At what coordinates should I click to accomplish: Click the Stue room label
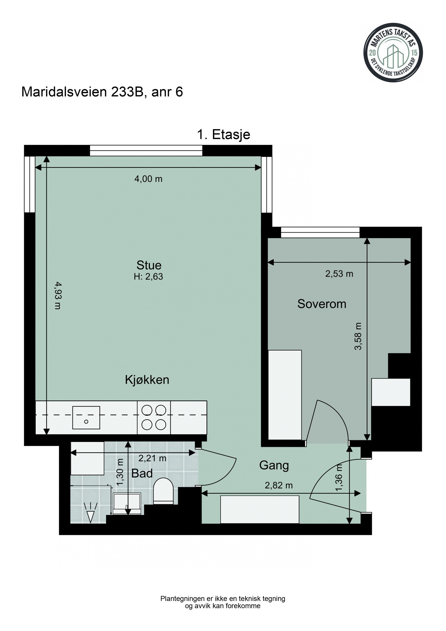pos(149,265)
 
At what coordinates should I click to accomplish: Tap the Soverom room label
pos(321,304)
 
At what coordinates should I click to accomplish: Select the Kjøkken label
pos(147,380)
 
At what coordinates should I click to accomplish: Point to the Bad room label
pos(142,473)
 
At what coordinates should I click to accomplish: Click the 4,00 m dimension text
pos(148,179)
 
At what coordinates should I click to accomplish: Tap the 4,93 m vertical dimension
pos(58,296)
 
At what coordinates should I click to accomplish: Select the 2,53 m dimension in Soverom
pos(339,274)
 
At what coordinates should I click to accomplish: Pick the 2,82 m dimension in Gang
pos(278,485)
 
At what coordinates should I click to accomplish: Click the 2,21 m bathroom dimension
pos(152,458)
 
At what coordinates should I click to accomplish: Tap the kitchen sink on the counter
pos(86,417)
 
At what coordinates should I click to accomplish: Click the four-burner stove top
pos(154,417)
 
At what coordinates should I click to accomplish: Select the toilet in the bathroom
pos(163,490)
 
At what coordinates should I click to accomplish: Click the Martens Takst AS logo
pos(393,53)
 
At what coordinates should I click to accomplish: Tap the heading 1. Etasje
pos(224,135)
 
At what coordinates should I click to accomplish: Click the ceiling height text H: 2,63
pos(148,277)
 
